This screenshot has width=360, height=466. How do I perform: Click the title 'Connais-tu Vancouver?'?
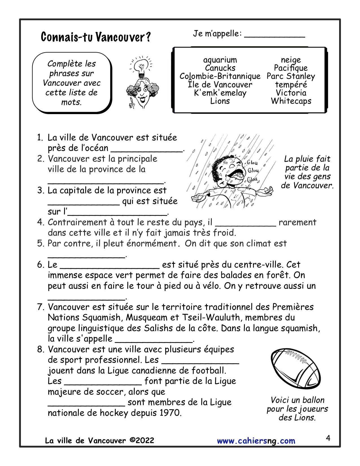click(x=96, y=37)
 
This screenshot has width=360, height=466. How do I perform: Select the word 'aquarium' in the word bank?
click(x=220, y=60)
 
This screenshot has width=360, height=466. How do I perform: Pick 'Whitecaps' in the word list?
click(x=291, y=101)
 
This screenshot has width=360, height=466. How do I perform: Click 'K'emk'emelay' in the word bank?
click(x=220, y=93)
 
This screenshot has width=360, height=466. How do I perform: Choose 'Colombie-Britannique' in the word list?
click(x=220, y=76)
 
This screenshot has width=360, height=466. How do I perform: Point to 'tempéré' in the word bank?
click(x=291, y=84)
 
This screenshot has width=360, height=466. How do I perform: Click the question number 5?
click(x=40, y=243)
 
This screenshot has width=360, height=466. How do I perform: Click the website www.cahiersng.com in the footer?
click(x=256, y=441)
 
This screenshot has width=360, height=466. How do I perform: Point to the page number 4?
click(x=328, y=438)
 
